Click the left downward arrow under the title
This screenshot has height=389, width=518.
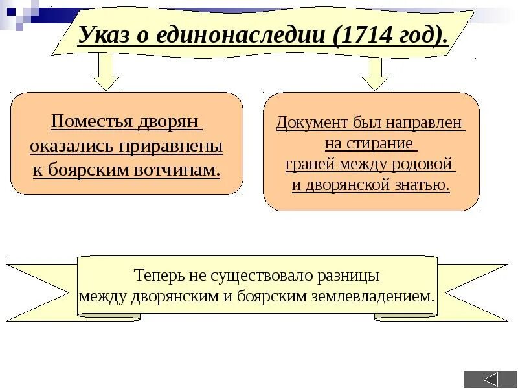[106, 71]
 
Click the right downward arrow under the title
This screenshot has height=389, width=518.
[374, 73]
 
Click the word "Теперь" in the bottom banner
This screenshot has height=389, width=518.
[160, 274]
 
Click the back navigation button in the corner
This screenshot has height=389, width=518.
[490, 379]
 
